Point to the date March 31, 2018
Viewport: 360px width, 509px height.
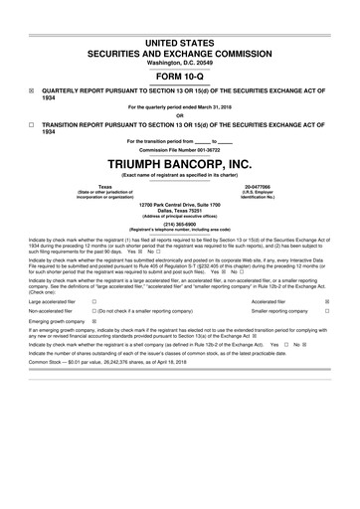click(x=215, y=106)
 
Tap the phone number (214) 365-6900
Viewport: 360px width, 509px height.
click(x=179, y=224)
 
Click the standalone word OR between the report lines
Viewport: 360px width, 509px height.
click(x=179, y=116)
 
